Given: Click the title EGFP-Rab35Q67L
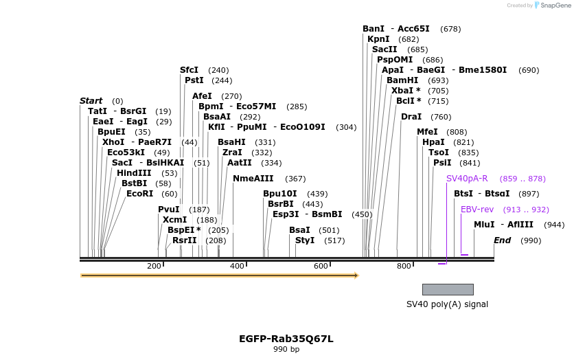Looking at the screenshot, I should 286,339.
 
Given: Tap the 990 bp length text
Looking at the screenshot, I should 286,350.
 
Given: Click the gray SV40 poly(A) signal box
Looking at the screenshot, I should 448,289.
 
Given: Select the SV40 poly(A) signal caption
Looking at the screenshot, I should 447,304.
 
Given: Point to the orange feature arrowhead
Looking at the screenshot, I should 356,275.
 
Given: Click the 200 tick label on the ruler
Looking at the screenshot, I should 154,266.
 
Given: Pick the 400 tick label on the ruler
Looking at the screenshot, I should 237,266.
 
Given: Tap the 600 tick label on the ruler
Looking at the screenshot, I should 321,266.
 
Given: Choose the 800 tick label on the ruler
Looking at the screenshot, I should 404,266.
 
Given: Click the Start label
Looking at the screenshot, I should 91,101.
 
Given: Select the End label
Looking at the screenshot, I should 502,240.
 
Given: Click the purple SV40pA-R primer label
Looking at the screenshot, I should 467,179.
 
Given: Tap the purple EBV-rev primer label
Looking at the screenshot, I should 477,210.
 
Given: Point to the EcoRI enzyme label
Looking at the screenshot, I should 140,194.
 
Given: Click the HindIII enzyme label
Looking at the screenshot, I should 134,173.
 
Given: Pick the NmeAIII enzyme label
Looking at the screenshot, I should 253,179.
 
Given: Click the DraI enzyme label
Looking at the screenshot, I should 411,117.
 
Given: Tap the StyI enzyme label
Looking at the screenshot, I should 305,240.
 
